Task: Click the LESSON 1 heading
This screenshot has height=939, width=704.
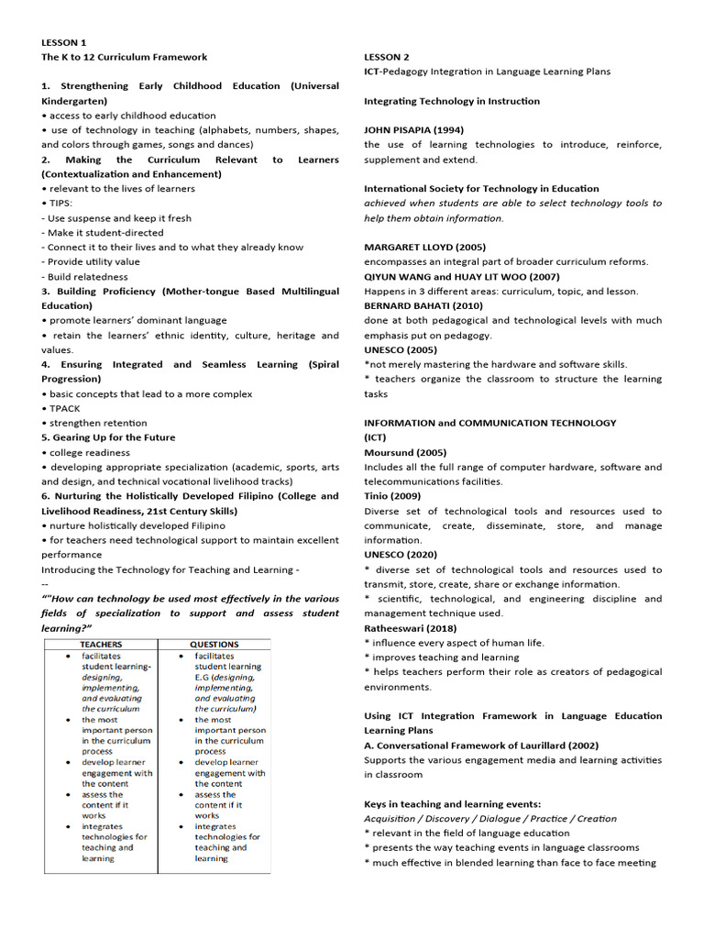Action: pyautogui.click(x=64, y=42)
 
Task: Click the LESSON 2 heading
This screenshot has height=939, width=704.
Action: pyautogui.click(x=387, y=57)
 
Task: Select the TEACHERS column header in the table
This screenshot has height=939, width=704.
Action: pyautogui.click(x=101, y=645)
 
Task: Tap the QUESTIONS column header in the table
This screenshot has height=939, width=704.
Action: pyautogui.click(x=214, y=645)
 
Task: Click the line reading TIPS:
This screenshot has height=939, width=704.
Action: pyautogui.click(x=60, y=204)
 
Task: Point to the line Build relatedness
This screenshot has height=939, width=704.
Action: pyautogui.click(x=85, y=277)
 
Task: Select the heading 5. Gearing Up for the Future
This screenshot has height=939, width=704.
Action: pyautogui.click(x=108, y=438)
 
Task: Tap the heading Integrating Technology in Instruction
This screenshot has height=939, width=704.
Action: pyautogui.click(x=452, y=101)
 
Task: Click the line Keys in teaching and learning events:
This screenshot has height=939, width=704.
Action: pyautogui.click(x=452, y=804)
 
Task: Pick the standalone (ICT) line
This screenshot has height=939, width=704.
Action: pyautogui.click(x=377, y=438)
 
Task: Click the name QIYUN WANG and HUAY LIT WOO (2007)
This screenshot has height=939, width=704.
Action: pyautogui.click(x=461, y=277)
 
